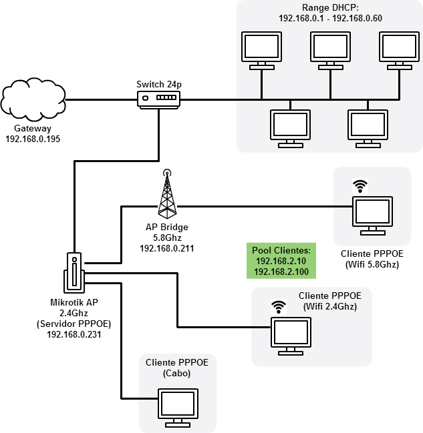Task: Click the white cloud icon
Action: (33, 98)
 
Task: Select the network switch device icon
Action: (159, 99)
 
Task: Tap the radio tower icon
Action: (167, 193)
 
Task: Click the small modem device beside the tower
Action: (74, 272)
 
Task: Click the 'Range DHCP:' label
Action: (330, 7)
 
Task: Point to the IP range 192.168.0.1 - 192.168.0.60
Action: (330, 18)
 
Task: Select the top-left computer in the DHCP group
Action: (261, 50)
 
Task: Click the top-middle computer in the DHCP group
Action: (330, 50)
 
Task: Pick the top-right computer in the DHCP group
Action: (400, 50)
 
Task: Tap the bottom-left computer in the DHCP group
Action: (290, 127)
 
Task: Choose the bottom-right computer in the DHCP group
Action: (368, 127)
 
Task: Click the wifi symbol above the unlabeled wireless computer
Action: (361, 186)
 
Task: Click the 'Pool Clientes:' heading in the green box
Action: (281, 250)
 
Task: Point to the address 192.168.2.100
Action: (281, 272)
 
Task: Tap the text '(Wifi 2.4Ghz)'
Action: (330, 307)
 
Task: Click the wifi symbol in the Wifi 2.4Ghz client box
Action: (278, 308)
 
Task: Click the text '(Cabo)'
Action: (176, 374)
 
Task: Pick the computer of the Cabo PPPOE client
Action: (178, 407)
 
